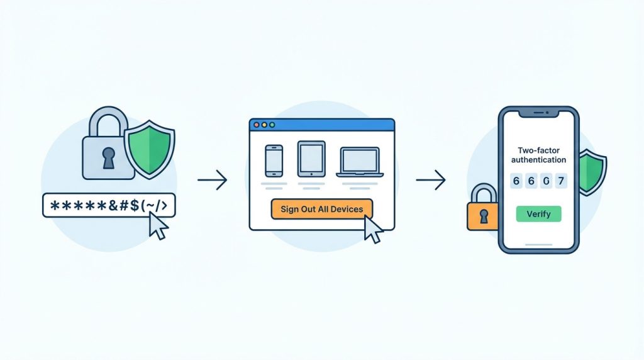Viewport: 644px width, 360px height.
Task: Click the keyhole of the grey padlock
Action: pyautogui.click(x=108, y=158)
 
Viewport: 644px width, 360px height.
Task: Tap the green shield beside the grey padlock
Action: pyautogui.click(x=150, y=149)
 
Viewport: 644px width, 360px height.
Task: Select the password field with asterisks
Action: pyautogui.click(x=109, y=205)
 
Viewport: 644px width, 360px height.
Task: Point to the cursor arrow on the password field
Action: pyautogui.click(x=158, y=225)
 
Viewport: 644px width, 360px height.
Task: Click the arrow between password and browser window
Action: pyautogui.click(x=213, y=180)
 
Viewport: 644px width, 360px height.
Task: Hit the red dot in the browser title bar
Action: pyautogui.click(x=257, y=125)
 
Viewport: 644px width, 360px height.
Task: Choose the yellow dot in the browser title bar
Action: pyautogui.click(x=264, y=125)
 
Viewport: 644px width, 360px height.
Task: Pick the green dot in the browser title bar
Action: pyautogui.click(x=272, y=125)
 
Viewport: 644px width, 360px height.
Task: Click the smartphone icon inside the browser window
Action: pyautogui.click(x=274, y=160)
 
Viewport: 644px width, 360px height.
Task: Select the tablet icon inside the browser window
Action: pyautogui.click(x=311, y=159)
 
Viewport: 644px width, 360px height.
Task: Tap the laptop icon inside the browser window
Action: pyautogui.click(x=360, y=162)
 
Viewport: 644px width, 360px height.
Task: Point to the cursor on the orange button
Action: pyautogui.click(x=373, y=229)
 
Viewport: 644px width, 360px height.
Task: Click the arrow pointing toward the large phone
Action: pyautogui.click(x=431, y=180)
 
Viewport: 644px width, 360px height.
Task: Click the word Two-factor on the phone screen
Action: pyautogui.click(x=538, y=150)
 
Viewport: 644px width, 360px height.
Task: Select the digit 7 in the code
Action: pyautogui.click(x=560, y=181)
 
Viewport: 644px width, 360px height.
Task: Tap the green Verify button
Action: pyautogui.click(x=538, y=214)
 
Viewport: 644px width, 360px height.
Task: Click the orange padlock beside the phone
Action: pyautogui.click(x=483, y=208)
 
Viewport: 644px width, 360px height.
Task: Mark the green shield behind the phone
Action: pyautogui.click(x=592, y=172)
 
